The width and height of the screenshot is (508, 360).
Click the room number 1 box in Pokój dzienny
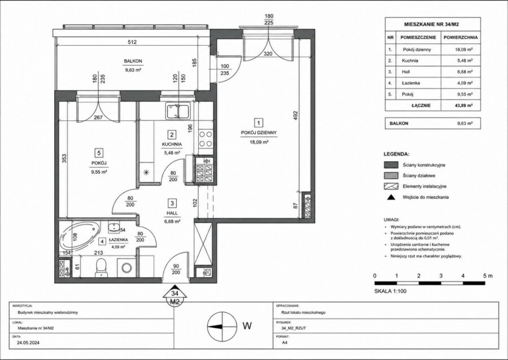click(x=259, y=122)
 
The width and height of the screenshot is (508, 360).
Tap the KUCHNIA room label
click(x=172, y=144)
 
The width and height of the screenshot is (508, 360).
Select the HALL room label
click(x=172, y=213)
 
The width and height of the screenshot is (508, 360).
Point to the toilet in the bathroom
click(x=101, y=267)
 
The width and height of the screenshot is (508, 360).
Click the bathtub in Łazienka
click(x=80, y=235)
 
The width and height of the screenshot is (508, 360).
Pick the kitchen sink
click(x=178, y=111)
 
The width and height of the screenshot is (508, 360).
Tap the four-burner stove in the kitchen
click(x=205, y=139)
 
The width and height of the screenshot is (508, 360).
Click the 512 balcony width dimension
click(x=132, y=42)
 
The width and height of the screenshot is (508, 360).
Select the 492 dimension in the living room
click(x=295, y=116)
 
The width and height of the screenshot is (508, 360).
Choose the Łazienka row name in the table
click(x=411, y=83)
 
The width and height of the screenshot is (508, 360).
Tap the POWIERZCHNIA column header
click(x=461, y=38)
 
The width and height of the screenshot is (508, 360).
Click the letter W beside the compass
click(x=247, y=326)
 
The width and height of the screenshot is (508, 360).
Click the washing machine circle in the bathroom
click(x=126, y=267)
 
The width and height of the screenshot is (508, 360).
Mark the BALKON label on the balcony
click(x=133, y=61)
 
